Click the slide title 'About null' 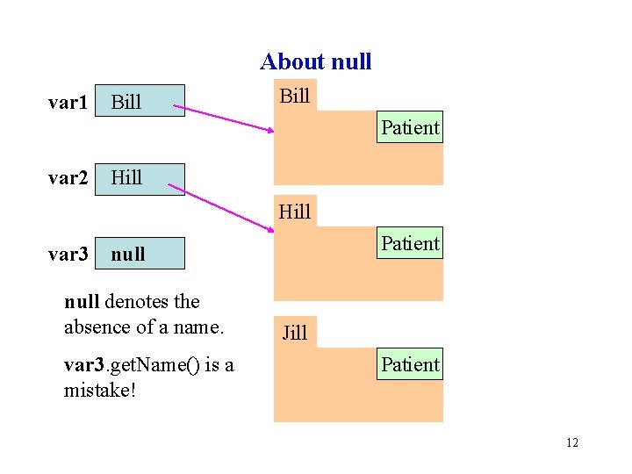click(x=315, y=61)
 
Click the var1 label click(x=68, y=103)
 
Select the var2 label click(x=68, y=178)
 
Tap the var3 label click(x=68, y=255)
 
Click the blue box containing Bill click(x=140, y=101)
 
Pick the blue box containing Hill click(x=140, y=178)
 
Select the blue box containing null click(x=140, y=254)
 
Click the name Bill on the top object click(x=294, y=96)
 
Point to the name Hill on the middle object click(x=294, y=211)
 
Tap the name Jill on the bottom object click(x=294, y=333)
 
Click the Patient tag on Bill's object click(x=410, y=127)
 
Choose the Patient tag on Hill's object click(x=410, y=243)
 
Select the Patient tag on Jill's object click(x=410, y=364)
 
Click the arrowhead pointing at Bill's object click(x=270, y=131)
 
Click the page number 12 click(x=571, y=442)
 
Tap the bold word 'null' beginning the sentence click(x=83, y=302)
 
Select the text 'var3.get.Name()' click(x=132, y=365)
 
